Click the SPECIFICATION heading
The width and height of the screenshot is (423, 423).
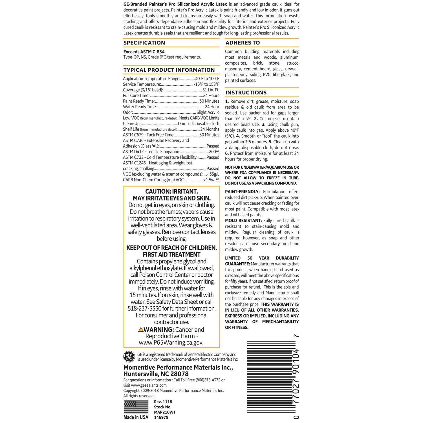(144, 43)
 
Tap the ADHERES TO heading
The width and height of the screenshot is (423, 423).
(243, 43)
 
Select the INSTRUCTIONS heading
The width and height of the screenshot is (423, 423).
(246, 93)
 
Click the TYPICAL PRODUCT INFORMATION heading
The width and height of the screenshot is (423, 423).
(169, 70)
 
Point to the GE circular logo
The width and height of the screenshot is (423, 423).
(129, 357)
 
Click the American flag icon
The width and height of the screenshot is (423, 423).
(136, 407)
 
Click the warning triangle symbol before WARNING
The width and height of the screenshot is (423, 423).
(141, 330)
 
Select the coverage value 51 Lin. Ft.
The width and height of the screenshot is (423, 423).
(211, 90)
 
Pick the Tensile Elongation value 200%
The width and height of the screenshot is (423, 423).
(214, 152)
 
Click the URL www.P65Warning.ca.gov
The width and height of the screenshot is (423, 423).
(171, 343)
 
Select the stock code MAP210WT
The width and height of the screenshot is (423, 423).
(165, 412)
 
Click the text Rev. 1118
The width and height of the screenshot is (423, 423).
(163, 402)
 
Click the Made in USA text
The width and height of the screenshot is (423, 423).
(136, 417)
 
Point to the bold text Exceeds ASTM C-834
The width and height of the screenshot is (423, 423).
(144, 52)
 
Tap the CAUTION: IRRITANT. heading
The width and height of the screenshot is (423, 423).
(171, 192)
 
